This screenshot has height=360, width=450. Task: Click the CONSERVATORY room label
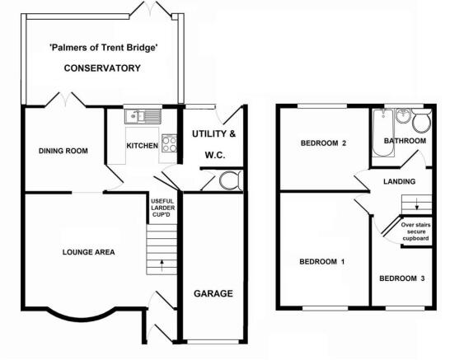[102, 68]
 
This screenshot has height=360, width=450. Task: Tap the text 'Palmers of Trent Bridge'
[104, 47]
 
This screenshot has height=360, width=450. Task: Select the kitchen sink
[143, 116]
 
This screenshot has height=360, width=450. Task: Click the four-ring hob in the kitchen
[169, 143]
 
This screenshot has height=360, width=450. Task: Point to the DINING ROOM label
[63, 151]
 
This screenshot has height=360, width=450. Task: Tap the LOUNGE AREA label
[89, 252]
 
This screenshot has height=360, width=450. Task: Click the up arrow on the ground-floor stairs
[162, 265]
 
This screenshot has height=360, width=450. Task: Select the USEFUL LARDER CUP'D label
[162, 208]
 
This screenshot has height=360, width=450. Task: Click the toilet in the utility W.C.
[231, 180]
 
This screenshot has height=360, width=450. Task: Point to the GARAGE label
[213, 293]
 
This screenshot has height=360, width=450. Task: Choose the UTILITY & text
[213, 134]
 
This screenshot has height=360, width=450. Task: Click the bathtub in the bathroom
[383, 133]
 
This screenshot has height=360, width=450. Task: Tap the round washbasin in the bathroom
[403, 116]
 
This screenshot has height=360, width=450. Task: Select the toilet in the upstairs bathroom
[422, 121]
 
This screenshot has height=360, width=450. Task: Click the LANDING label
[400, 181]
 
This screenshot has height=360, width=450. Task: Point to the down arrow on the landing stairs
[417, 205]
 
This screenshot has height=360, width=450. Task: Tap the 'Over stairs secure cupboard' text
[415, 231]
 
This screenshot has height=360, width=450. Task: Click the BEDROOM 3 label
[402, 278]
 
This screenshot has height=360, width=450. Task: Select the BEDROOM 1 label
[322, 262]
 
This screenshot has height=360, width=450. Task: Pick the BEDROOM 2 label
[323, 143]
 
